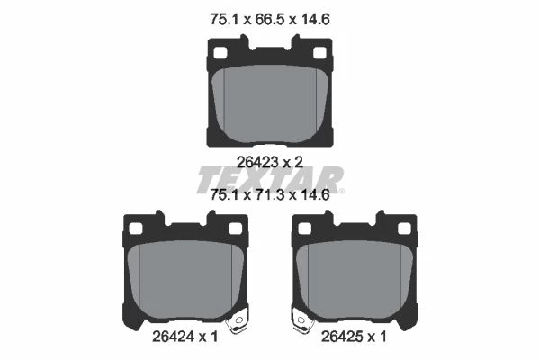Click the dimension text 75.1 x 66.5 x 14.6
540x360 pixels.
point(270,19)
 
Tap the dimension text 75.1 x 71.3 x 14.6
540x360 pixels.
point(270,195)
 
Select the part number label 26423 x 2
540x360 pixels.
point(270,162)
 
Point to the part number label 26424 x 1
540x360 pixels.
point(184,337)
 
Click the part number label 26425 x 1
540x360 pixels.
point(354,337)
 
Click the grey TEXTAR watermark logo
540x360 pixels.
point(270,179)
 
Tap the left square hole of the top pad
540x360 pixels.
point(220,53)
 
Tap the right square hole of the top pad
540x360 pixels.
point(319,53)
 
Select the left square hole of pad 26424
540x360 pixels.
point(135,229)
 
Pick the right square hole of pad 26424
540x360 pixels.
point(235,229)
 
